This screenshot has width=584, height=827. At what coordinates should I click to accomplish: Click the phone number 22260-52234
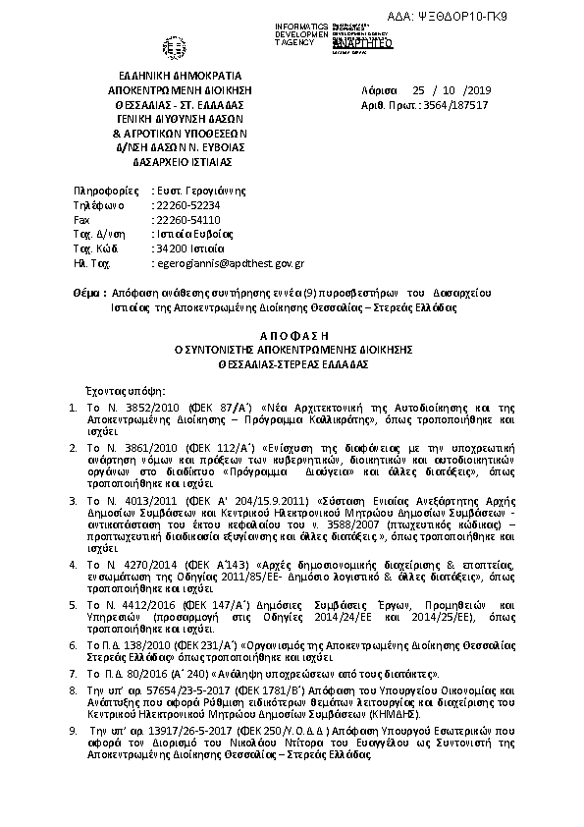coord(187,205)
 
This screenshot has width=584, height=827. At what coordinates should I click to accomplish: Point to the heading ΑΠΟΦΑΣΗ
coord(292,335)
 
